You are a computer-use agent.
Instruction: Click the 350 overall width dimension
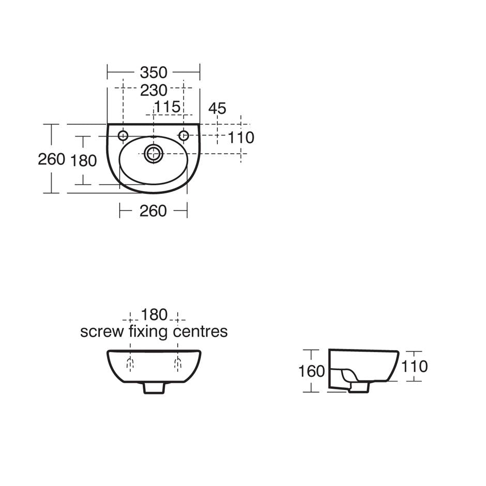[154, 72]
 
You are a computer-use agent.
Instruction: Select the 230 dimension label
[154, 90]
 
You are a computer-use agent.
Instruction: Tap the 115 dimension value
[168, 107]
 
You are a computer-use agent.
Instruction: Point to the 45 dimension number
[217, 109]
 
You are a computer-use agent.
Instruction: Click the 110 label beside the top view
[241, 138]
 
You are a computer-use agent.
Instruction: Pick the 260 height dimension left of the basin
[52, 160]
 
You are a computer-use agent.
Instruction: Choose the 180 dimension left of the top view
[83, 161]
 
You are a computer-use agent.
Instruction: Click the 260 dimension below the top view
[153, 211]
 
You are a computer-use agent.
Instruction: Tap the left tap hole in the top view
[123, 135]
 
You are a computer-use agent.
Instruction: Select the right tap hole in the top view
[184, 135]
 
